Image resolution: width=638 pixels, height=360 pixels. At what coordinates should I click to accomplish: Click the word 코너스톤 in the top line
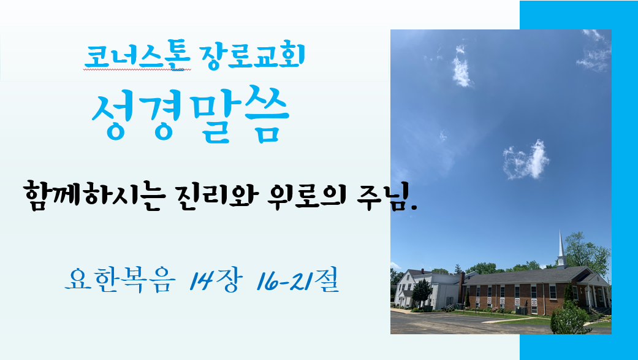pyautogui.click(x=137, y=58)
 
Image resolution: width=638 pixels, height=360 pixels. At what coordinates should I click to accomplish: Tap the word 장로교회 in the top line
pyautogui.click(x=253, y=57)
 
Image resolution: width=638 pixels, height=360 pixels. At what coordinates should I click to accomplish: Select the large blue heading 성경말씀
pyautogui.click(x=191, y=115)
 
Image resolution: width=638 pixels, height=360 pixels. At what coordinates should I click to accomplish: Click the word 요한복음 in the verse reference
pyautogui.click(x=121, y=280)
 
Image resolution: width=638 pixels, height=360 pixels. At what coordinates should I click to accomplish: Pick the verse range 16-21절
pyautogui.click(x=298, y=281)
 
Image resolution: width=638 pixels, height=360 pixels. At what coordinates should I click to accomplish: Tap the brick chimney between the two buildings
pyautogui.click(x=461, y=288)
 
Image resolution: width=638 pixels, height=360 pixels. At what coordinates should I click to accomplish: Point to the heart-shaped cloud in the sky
pyautogui.click(x=526, y=160)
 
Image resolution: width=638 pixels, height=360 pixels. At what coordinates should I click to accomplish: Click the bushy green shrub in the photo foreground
pyautogui.click(x=569, y=318)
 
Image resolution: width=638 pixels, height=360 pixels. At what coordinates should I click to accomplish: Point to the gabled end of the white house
pyautogui.click(x=407, y=288)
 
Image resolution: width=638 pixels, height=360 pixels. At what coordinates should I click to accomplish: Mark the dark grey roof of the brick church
pyautogui.click(x=525, y=276)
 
